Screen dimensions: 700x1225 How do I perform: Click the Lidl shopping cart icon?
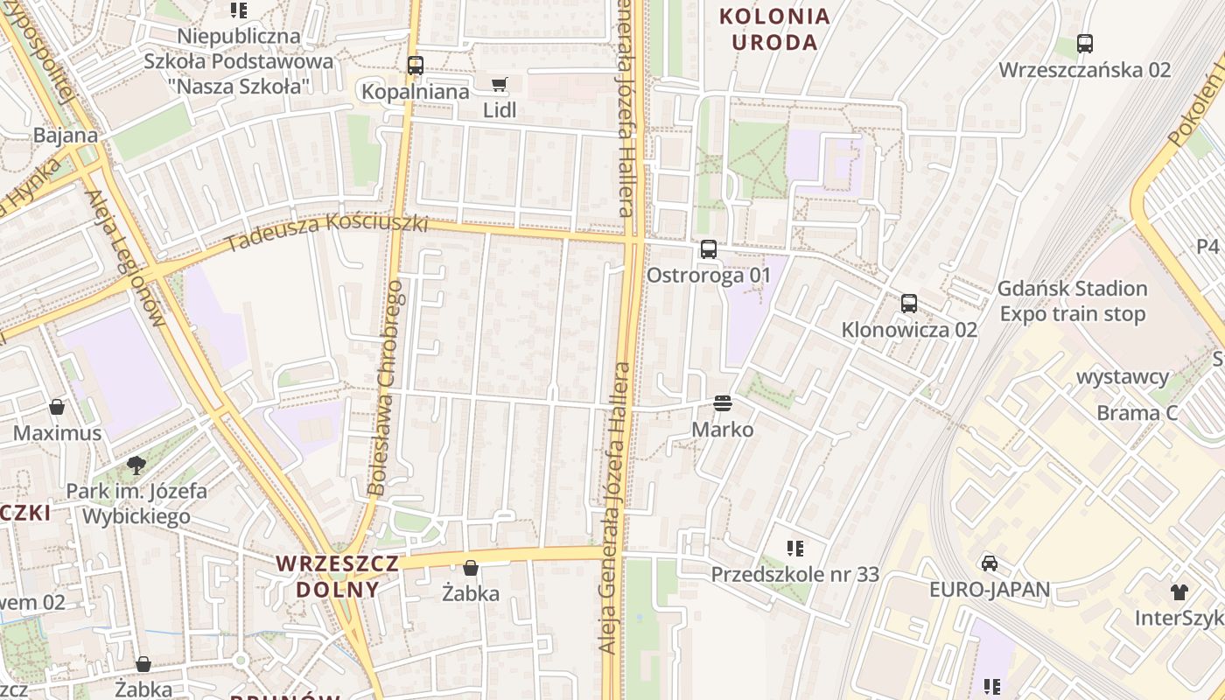point(499,85)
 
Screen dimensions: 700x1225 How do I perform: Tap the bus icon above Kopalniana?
point(416,66)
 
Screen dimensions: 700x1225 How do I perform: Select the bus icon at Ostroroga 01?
point(709,249)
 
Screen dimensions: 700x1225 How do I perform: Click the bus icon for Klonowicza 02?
point(909,304)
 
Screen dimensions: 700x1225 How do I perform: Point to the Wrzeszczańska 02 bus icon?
point(1085,44)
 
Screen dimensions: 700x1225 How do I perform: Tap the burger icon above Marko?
point(723,403)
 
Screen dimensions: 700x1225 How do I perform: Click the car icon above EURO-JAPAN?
point(990,563)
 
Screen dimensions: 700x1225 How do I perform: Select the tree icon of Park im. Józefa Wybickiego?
point(136,465)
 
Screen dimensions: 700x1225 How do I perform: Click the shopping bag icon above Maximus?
point(57,407)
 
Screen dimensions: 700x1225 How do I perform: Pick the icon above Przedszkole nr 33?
point(795,549)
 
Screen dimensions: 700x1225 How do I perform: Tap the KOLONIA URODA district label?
point(774,29)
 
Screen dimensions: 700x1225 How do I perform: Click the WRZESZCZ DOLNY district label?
point(338,576)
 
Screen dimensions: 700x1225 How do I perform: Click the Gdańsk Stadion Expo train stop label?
point(1073,301)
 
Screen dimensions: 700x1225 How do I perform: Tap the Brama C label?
point(1137,413)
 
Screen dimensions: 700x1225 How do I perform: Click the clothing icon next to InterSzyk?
point(1179,592)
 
